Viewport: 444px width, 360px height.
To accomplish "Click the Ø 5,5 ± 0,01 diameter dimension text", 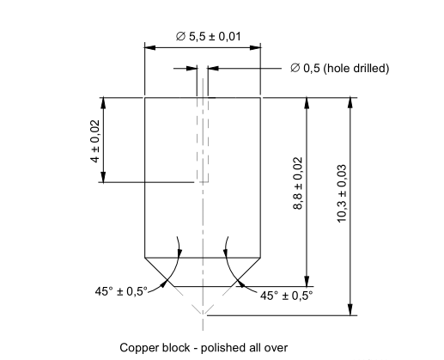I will point(204,37).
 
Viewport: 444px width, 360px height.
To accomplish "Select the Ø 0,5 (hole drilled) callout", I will point(339,68).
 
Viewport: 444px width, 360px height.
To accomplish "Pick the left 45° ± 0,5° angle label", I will point(121,291).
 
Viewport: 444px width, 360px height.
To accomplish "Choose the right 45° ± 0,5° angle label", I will point(287,295).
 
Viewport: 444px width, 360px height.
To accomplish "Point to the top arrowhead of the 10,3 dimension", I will point(350,102).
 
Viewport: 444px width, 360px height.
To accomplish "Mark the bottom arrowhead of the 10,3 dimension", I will point(350,310).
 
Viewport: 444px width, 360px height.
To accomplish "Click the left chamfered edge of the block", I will point(159,272).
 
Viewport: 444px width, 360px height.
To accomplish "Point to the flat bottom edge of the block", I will point(202,286).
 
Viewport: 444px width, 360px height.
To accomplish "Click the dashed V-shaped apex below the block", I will point(203,308).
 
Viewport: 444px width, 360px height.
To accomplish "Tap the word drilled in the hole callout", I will point(368,68).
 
